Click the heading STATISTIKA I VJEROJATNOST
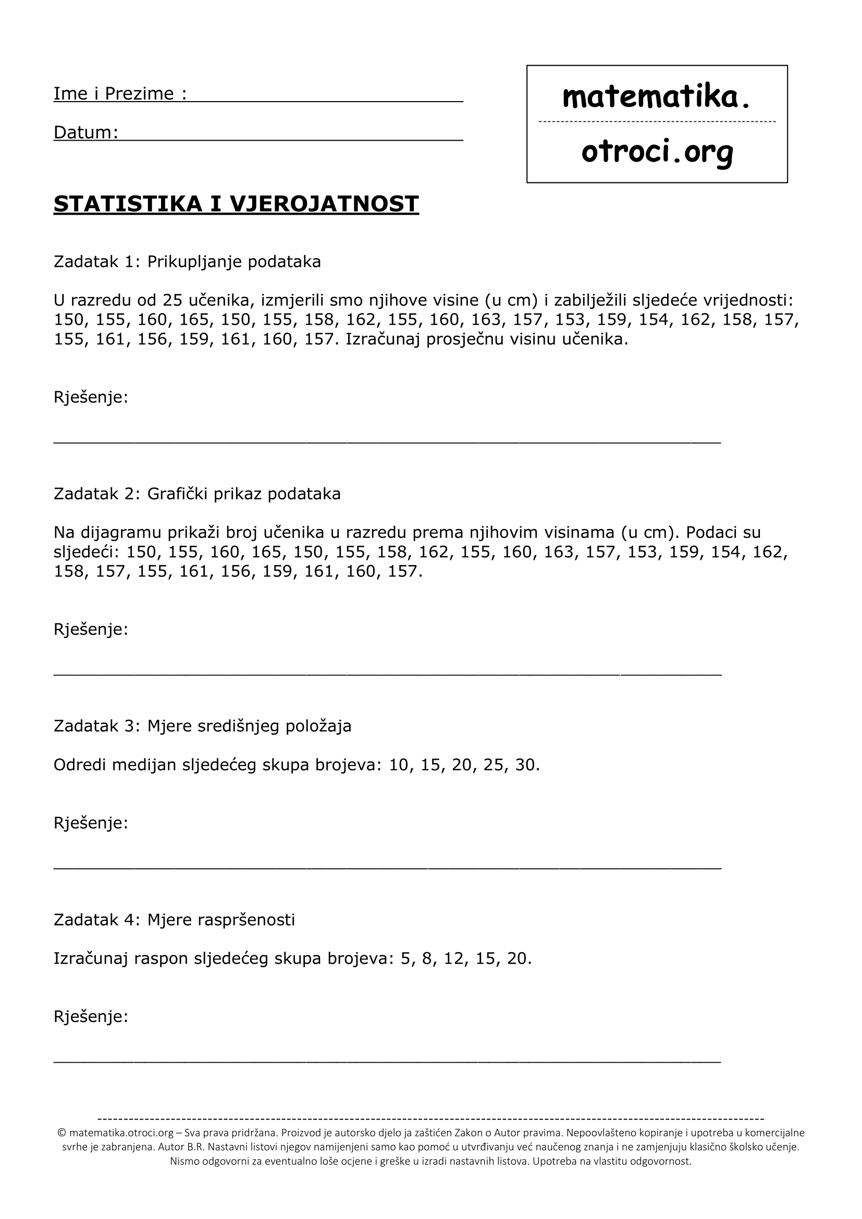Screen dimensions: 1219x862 (236, 204)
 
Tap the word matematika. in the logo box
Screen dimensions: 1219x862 (656, 97)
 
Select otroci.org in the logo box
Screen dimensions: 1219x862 (657, 152)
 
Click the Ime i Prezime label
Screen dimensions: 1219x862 (120, 93)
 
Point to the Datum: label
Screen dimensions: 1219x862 (86, 132)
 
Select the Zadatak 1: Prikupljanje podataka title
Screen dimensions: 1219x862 (187, 262)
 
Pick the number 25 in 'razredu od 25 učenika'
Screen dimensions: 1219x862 (173, 301)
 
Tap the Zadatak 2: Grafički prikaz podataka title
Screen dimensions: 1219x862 (197, 494)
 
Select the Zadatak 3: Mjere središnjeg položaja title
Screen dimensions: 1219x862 (202, 726)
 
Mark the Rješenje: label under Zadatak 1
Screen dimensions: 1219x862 (91, 397)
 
